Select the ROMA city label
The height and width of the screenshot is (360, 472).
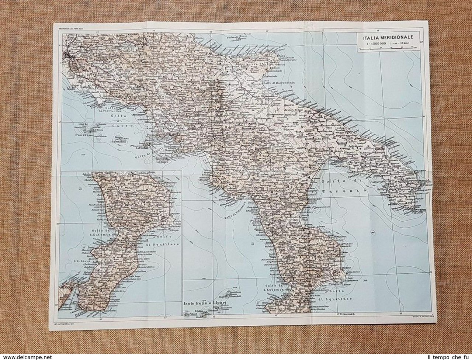pyautogui.click(x=67, y=56)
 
